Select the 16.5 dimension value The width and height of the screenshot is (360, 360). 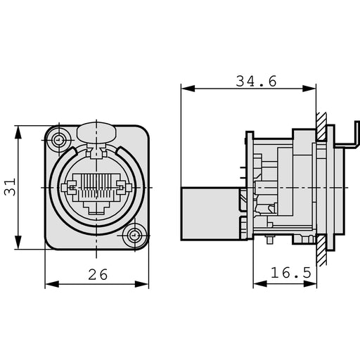tap(292, 272)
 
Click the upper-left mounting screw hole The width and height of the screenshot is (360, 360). tap(58, 139)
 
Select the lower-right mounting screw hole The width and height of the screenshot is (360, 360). tap(134, 236)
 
